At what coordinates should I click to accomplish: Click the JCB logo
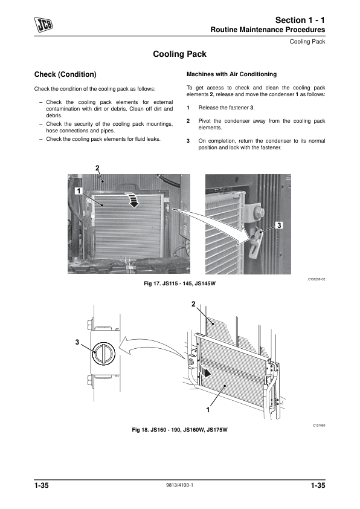43,25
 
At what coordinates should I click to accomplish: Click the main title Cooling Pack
179,54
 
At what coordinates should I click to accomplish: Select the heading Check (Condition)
65,74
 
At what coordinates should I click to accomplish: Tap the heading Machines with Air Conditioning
231,74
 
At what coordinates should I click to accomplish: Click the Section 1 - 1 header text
300,20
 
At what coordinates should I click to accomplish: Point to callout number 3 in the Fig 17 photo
279,225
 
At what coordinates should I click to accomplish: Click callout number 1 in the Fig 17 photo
79,191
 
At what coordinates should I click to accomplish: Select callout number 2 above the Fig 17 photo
97,168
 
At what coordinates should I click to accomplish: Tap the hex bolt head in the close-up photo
260,212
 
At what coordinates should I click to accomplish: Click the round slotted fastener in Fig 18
104,353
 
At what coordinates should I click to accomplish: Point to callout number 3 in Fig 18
77,342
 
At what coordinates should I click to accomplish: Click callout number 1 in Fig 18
208,410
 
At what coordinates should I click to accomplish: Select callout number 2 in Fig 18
194,304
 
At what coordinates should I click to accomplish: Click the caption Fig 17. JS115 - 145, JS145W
179,284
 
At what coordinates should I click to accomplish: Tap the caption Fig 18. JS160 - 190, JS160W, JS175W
179,430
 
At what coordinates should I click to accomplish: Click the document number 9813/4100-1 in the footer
179,485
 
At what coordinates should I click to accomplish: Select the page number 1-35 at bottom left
42,485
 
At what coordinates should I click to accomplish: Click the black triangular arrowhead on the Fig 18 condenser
207,374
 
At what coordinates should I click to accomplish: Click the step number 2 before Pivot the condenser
188,121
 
